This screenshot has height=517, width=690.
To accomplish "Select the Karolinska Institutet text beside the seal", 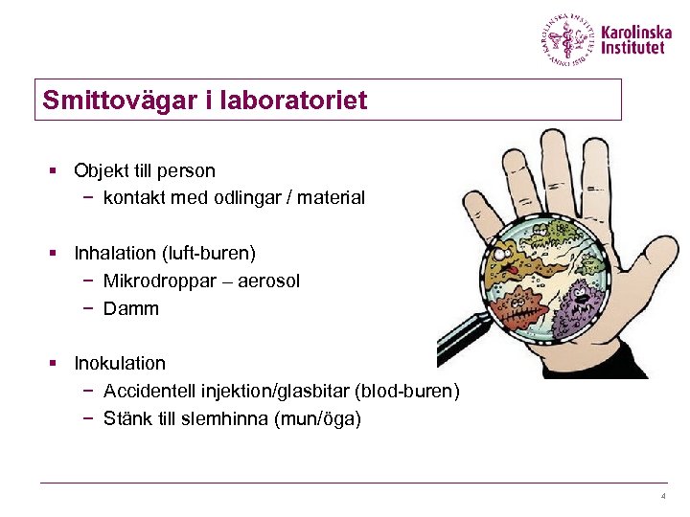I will click(x=636, y=39).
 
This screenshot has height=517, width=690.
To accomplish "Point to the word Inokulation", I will click(x=120, y=364).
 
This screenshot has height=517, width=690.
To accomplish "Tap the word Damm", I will click(x=131, y=309).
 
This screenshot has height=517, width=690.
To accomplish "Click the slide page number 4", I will click(x=662, y=496).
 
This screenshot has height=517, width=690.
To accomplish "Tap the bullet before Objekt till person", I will click(x=57, y=171).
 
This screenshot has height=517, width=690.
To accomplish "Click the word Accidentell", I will click(x=149, y=392).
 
